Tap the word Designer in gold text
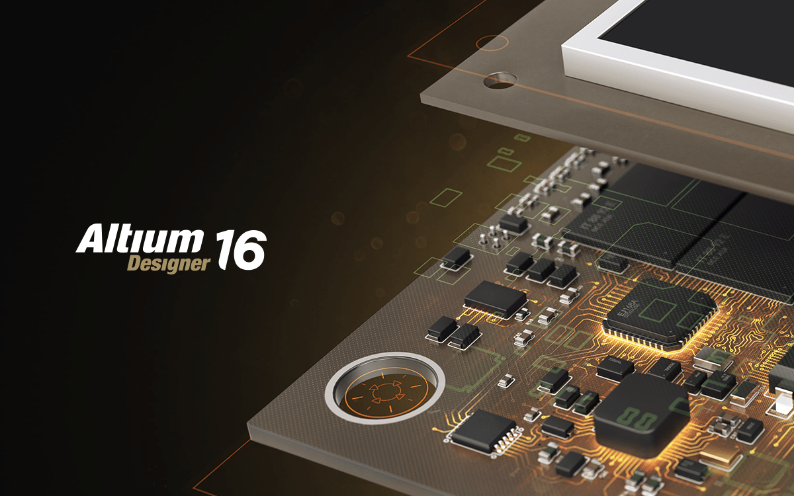(168, 263)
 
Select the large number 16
(240, 249)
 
